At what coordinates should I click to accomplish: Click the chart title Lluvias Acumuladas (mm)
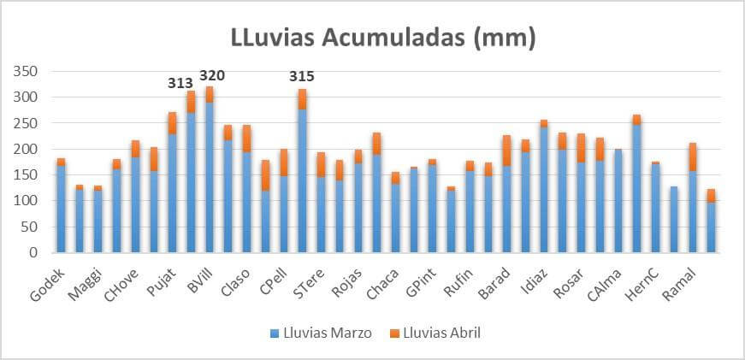(383, 38)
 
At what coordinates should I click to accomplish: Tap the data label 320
(212, 75)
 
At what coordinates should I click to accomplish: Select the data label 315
(301, 77)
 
